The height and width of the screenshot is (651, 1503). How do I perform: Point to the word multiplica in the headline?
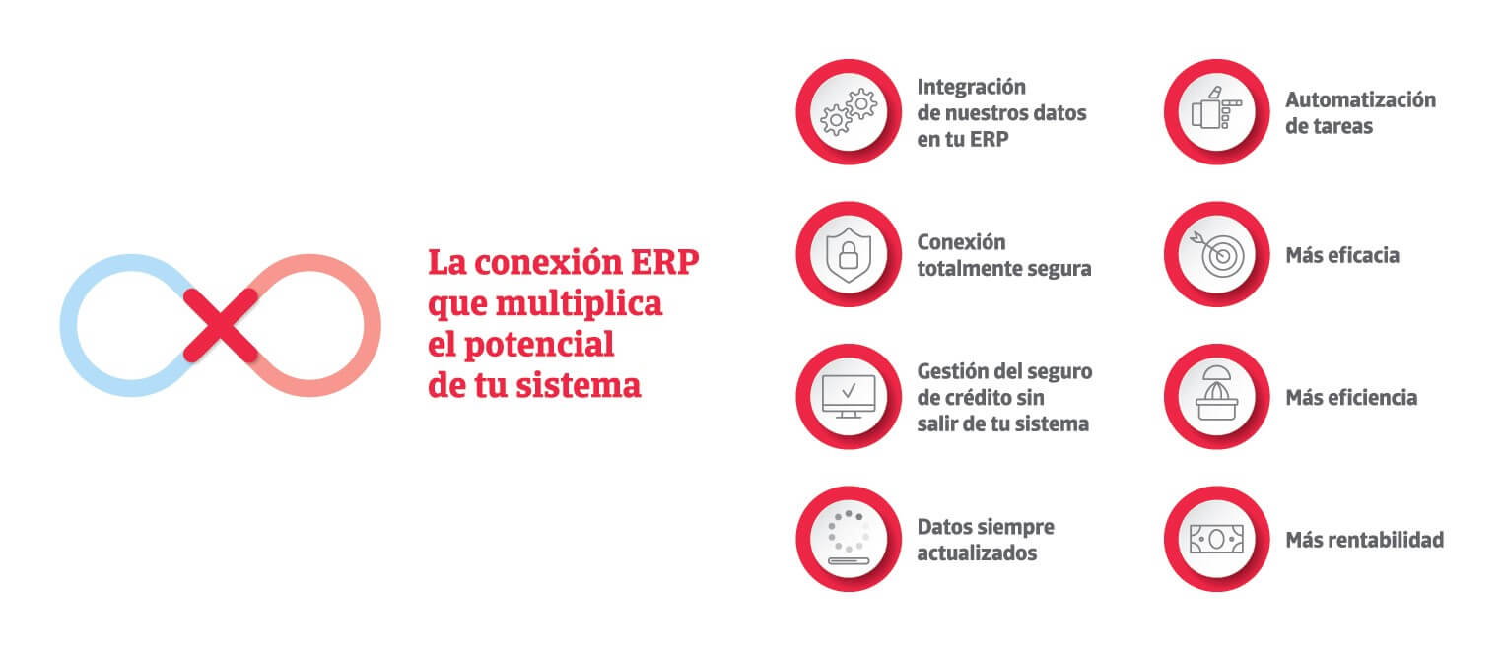point(579,304)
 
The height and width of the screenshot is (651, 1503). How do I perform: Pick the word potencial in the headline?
point(539,345)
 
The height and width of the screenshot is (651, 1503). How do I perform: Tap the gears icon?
point(849,112)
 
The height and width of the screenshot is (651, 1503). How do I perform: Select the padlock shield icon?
point(849,255)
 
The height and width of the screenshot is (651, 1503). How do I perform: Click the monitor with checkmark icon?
point(849,396)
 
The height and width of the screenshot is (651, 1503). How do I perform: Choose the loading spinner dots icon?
point(849,538)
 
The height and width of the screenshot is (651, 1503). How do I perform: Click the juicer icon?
point(1216,393)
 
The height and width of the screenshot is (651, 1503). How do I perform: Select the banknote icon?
point(1216,539)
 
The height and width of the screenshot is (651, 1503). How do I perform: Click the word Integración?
point(971,87)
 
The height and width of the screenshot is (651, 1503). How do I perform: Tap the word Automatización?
point(1361,99)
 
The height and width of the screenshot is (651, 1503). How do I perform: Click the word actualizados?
point(977,553)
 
